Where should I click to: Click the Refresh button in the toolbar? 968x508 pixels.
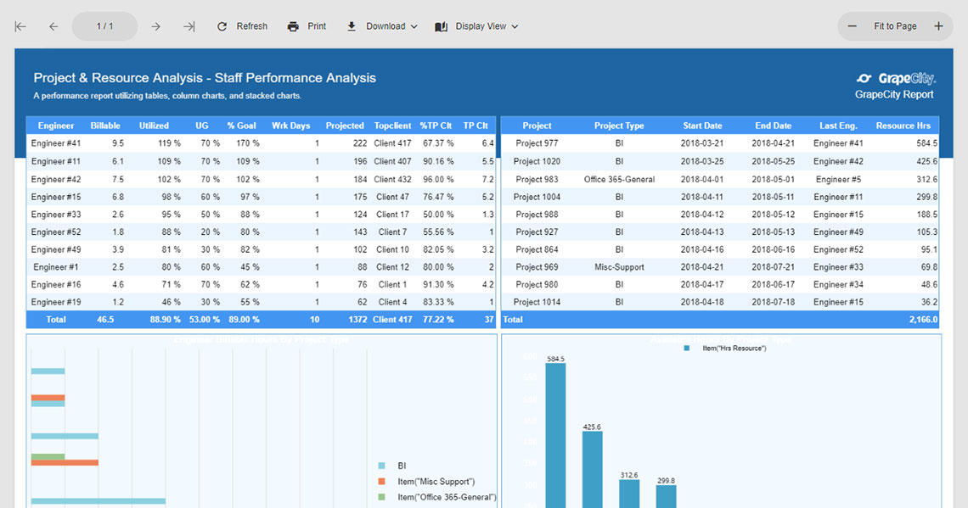point(242,26)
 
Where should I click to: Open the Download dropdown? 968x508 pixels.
point(382,26)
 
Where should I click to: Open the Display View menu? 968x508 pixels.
point(476,26)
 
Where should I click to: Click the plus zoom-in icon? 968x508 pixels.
point(938,26)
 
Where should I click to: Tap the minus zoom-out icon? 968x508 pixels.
point(853,26)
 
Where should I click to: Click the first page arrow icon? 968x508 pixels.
point(20,26)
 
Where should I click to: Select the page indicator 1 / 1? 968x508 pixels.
point(104,26)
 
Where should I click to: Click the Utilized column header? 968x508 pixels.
point(154,126)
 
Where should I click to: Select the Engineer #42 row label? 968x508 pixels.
point(56,179)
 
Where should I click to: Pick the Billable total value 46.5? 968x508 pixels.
point(105,320)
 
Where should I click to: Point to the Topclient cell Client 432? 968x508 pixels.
point(392,179)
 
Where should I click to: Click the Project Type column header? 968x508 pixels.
point(619,126)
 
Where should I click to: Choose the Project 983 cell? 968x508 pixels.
point(537,179)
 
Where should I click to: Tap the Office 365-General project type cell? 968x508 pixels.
point(619,179)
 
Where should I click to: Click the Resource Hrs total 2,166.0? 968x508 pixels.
point(922,320)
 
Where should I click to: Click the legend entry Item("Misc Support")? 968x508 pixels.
point(436,482)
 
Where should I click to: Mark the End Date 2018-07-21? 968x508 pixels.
point(773,267)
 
